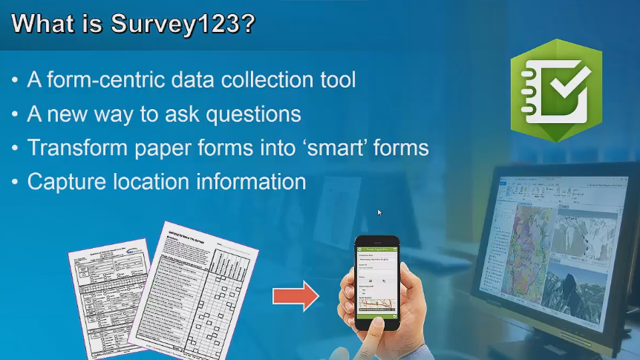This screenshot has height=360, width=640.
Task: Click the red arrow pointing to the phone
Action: tap(295, 297)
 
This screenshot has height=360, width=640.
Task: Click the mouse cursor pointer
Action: tap(379, 213)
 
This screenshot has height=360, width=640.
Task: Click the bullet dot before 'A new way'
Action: tap(16, 114)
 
